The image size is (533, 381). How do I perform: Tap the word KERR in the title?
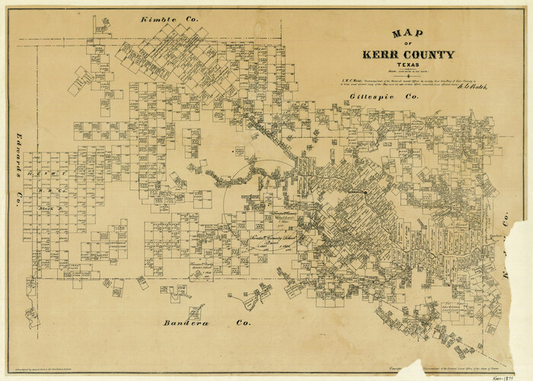click(382, 55)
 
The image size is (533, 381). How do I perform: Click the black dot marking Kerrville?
click(365, 192)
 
